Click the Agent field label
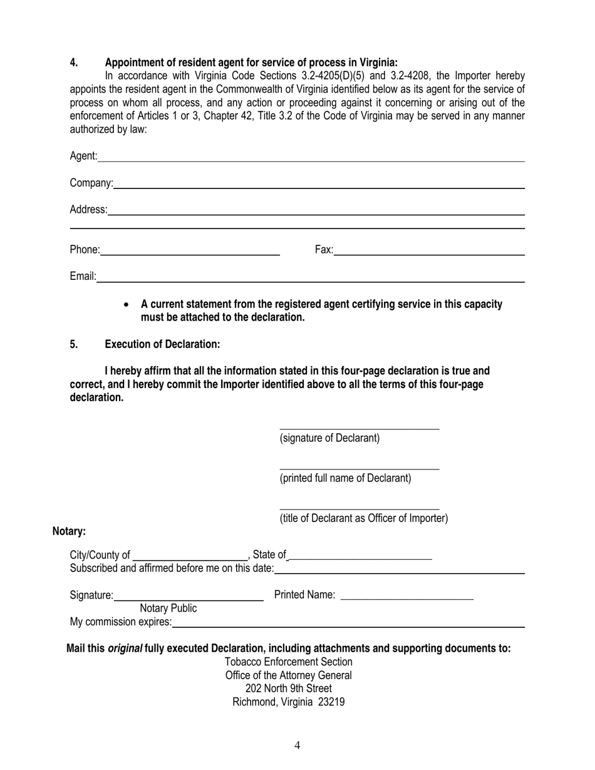tap(83, 156)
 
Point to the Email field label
tap(82, 276)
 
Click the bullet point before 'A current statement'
tap(128, 305)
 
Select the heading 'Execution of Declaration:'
tap(162, 344)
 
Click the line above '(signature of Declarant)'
tap(359, 428)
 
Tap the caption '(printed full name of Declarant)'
tap(345, 478)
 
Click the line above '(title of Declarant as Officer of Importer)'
tap(359, 508)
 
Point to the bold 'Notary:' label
tap(69, 531)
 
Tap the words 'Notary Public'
tap(168, 608)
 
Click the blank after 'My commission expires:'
tap(348, 625)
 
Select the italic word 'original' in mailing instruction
tap(125, 649)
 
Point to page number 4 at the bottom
tap(297, 745)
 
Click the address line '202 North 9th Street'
tap(288, 689)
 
